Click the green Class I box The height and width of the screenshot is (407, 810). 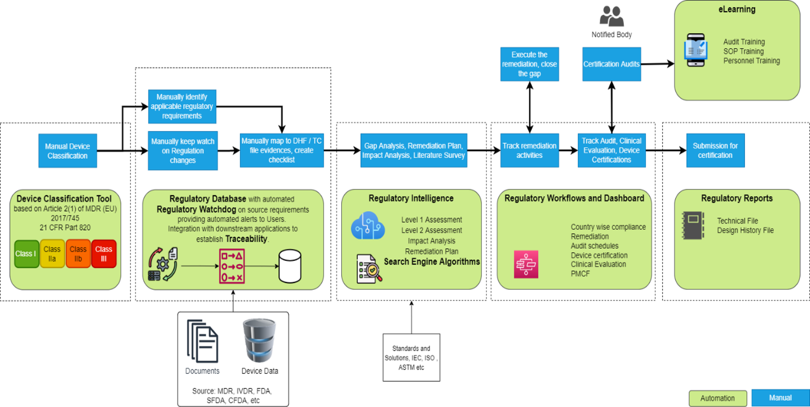[x=26, y=254]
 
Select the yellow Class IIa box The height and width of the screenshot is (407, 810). [x=52, y=254]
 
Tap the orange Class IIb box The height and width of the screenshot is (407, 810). [x=78, y=254]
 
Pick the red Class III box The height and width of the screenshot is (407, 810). [x=103, y=254]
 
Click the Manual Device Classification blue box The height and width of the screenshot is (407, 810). [x=68, y=151]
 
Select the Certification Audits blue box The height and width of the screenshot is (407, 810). [x=612, y=64]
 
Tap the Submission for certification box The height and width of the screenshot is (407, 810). [x=715, y=150]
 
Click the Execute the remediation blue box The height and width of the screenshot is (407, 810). [x=529, y=64]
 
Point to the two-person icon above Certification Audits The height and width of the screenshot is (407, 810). [x=612, y=16]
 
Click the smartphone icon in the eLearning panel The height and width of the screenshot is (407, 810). [x=696, y=50]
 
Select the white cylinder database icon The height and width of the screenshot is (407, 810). [x=290, y=266]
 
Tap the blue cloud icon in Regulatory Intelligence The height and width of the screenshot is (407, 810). [x=368, y=226]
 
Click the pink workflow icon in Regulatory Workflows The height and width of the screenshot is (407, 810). [x=526, y=264]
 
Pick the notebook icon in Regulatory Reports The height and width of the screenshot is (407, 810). [x=693, y=225]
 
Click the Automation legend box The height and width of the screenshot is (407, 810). [x=717, y=398]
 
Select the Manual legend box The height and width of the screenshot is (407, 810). [x=780, y=398]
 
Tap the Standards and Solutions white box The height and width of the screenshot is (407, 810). [x=411, y=357]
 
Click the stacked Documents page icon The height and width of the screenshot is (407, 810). [x=202, y=341]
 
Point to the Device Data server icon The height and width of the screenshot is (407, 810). [x=259, y=340]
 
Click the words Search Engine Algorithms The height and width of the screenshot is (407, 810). [x=431, y=262]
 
